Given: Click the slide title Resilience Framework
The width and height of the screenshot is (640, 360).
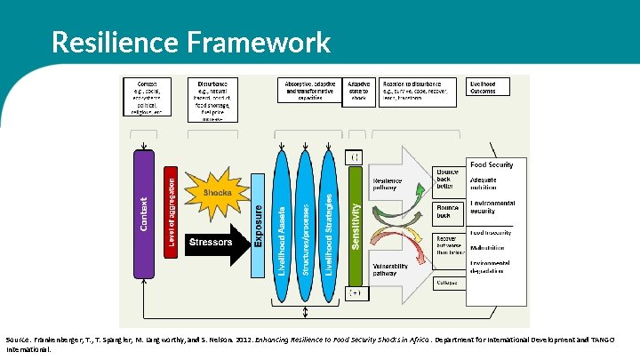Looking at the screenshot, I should [x=190, y=42].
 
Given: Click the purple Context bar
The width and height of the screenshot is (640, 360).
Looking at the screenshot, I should [x=144, y=213].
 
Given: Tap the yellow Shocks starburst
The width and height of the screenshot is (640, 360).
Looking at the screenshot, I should [x=216, y=193].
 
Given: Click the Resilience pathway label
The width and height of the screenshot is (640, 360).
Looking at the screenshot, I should [x=388, y=184].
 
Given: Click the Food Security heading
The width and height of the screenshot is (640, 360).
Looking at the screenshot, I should [x=491, y=164].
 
